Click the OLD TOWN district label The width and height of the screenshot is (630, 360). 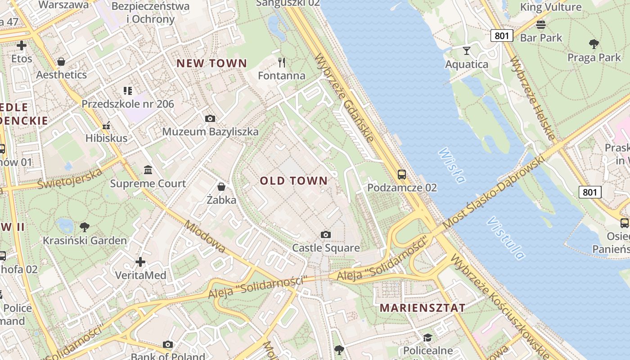pyautogui.click(x=294, y=181)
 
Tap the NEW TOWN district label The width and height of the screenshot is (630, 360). pyautogui.click(x=211, y=63)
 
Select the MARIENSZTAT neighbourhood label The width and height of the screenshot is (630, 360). pyautogui.click(x=423, y=308)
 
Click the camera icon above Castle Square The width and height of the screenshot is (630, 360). pyautogui.click(x=326, y=234)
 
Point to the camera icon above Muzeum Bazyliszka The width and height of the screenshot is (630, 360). pyautogui.click(x=210, y=119)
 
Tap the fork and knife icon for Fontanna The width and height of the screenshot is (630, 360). pyautogui.click(x=282, y=62)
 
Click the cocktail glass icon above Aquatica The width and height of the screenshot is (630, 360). pyautogui.click(x=467, y=50)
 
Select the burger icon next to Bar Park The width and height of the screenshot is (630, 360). pyautogui.click(x=541, y=24)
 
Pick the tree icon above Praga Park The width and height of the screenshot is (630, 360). pyautogui.click(x=594, y=44)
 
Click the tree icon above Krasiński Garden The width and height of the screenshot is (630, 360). pyautogui.click(x=84, y=227)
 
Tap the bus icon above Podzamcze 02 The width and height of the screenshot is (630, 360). pyautogui.click(x=402, y=175)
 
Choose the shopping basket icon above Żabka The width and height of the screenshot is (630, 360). pyautogui.click(x=221, y=186)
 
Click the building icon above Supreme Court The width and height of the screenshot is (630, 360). pyautogui.click(x=148, y=170)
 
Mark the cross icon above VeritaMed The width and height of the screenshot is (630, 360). pyautogui.click(x=140, y=261)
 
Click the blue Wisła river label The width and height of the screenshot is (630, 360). pyautogui.click(x=451, y=166)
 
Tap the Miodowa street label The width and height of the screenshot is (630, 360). pyautogui.click(x=205, y=237)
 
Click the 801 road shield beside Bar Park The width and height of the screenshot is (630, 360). pyautogui.click(x=501, y=36)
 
